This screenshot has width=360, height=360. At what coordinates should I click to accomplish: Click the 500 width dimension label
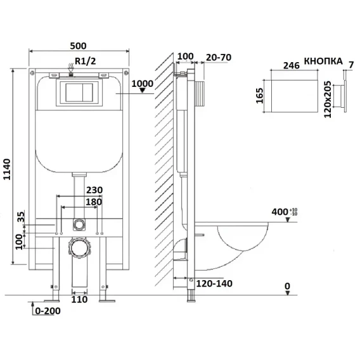click(78, 46)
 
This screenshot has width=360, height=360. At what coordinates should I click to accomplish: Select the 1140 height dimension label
click(7, 169)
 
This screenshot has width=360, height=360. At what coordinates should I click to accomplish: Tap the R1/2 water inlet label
click(86, 61)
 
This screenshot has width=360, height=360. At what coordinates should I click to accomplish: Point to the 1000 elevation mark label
click(143, 84)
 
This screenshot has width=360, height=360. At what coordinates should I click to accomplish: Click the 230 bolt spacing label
click(94, 190)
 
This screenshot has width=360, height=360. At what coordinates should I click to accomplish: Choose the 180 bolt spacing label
click(94, 202)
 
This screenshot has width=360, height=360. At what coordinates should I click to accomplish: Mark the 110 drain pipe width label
click(79, 299)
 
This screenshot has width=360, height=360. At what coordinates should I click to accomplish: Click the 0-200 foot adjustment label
click(48, 311)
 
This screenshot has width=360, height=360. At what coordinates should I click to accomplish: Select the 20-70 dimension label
click(219, 58)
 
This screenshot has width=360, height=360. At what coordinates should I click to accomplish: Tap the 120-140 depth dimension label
click(214, 284)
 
